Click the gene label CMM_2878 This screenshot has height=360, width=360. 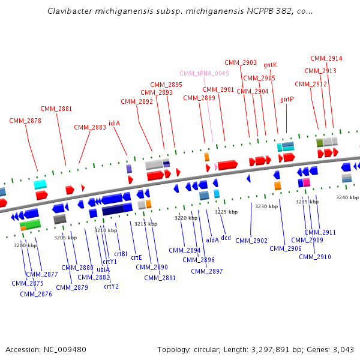coord(25,121)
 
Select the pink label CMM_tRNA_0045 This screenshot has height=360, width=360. coord(204,73)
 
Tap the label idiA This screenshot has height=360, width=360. coord(114,123)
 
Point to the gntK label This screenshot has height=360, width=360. coord(270,65)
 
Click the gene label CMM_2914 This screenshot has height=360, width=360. coord(326,59)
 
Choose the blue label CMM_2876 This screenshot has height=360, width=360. coord(36,294)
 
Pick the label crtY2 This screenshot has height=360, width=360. coord(111,286)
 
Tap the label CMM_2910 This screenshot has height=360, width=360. coord(315,257)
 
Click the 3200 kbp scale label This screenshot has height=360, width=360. coord(25,245)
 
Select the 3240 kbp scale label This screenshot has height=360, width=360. coord(347,197)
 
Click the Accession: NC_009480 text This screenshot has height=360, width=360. coord(46,349)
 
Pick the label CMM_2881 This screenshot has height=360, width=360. coord(56,109)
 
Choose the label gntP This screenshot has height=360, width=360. coord(287,99)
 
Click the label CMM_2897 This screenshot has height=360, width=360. coord(207,271)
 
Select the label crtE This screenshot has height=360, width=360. coord(136,257)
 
